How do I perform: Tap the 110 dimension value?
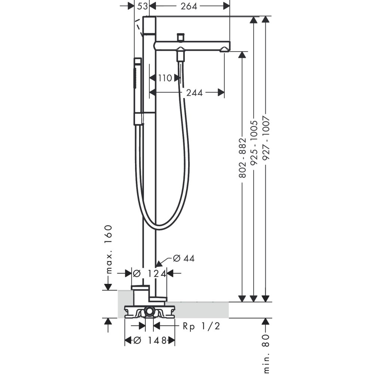tap(165, 78)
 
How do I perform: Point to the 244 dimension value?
tap(194, 92)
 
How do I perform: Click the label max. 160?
tap(108, 249)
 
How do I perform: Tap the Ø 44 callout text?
tap(184, 258)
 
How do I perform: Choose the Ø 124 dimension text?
tap(150, 274)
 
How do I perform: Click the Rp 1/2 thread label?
tap(201, 326)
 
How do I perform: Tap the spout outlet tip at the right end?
tap(226, 49)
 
